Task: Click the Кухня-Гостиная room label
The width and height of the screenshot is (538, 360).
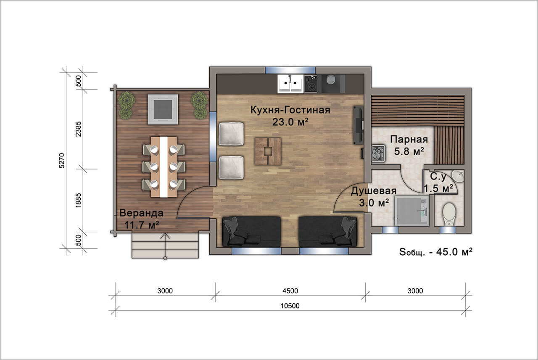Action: [290, 110]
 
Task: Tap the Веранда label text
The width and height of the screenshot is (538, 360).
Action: [142, 213]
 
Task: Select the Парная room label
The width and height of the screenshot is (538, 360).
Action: [409, 139]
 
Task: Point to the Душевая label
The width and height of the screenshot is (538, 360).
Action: [374, 191]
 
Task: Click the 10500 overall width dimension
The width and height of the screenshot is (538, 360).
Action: [290, 306]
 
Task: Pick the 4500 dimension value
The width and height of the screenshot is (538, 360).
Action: [290, 291]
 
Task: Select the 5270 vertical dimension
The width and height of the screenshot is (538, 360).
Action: [62, 161]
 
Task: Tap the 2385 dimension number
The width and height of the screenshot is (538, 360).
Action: [78, 129]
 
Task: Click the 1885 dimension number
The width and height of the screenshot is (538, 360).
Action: [78, 201]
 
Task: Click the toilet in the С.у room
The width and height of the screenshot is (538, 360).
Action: [449, 214]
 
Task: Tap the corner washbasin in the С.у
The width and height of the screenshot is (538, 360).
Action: [458, 176]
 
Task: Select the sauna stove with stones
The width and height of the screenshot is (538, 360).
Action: [378, 154]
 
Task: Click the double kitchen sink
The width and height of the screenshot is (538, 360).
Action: [290, 83]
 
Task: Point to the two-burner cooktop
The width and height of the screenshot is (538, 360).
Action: [311, 83]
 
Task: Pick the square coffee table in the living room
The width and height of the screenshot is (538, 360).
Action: [268, 151]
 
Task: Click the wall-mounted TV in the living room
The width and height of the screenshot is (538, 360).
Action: [358, 125]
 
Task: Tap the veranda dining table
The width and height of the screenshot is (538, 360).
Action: [164, 167]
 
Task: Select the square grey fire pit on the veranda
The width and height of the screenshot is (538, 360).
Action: [163, 109]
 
